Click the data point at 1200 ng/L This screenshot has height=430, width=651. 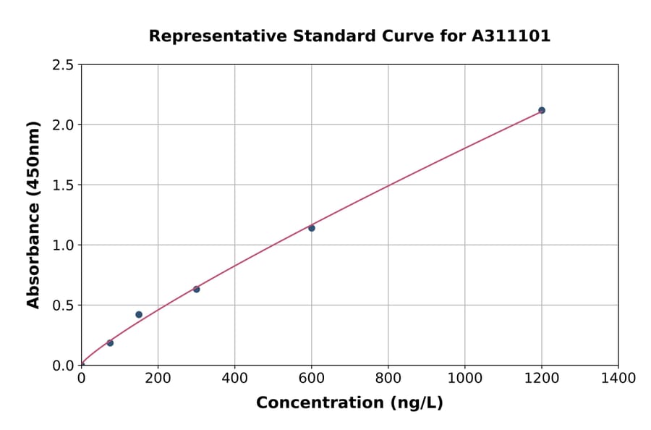click(x=542, y=110)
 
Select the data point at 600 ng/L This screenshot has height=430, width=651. click(x=312, y=228)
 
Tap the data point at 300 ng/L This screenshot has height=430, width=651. click(x=197, y=289)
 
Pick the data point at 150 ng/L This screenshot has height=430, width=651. click(x=139, y=314)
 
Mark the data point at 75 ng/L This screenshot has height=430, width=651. click(x=110, y=342)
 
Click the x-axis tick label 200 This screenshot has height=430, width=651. click(x=158, y=378)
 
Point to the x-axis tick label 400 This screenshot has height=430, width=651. click(x=234, y=378)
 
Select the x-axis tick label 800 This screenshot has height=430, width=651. click(x=388, y=378)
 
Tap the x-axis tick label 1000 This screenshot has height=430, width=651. click(x=464, y=378)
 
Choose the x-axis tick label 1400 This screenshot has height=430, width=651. click(x=618, y=378)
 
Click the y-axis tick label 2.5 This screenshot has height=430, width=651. click(x=63, y=65)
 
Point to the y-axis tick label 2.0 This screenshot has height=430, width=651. click(x=63, y=125)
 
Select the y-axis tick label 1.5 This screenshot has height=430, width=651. click(x=63, y=185)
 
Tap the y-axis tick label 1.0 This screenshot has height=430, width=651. click(x=63, y=245)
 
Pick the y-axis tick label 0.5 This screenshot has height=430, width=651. click(x=63, y=305)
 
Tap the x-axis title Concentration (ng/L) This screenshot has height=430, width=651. click(x=349, y=402)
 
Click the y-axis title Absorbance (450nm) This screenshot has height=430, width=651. click(x=33, y=214)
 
